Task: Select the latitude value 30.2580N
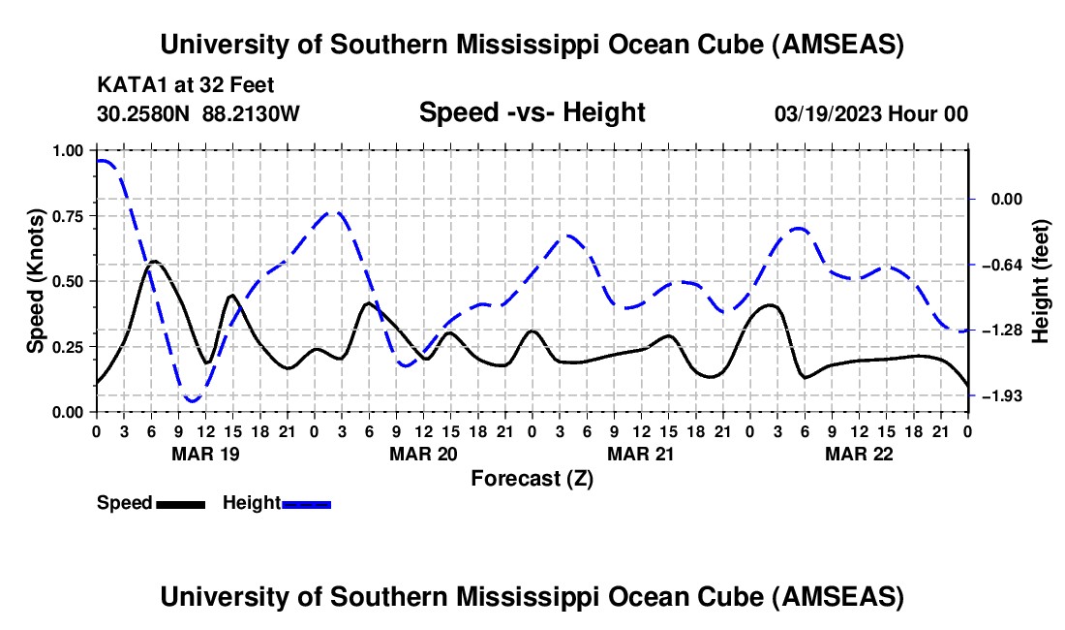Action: coord(144,113)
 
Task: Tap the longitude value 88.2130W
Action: coord(252,113)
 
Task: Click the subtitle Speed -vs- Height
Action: coord(532,112)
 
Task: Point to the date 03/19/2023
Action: coord(827,113)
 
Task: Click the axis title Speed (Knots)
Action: coord(36,280)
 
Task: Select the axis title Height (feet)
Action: coord(1041,281)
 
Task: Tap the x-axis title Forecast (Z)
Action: coord(532,478)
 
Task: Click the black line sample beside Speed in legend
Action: coord(180,503)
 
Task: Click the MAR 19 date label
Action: coord(205,454)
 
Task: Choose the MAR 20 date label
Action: coord(423,454)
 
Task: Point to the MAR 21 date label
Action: coord(641,454)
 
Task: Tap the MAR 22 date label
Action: coord(859,454)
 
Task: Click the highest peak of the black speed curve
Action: coord(154,261)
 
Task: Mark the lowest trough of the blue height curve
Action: coord(192,400)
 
